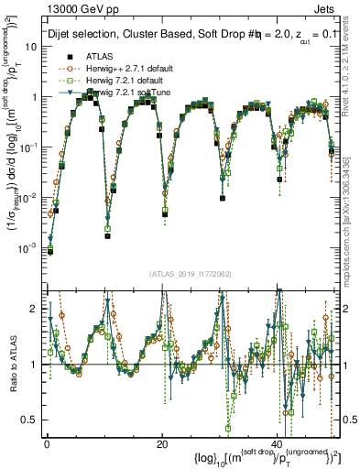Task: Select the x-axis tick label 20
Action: [x=162, y=443]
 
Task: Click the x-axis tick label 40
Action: [x=278, y=443]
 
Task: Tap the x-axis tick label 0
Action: [x=47, y=443]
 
